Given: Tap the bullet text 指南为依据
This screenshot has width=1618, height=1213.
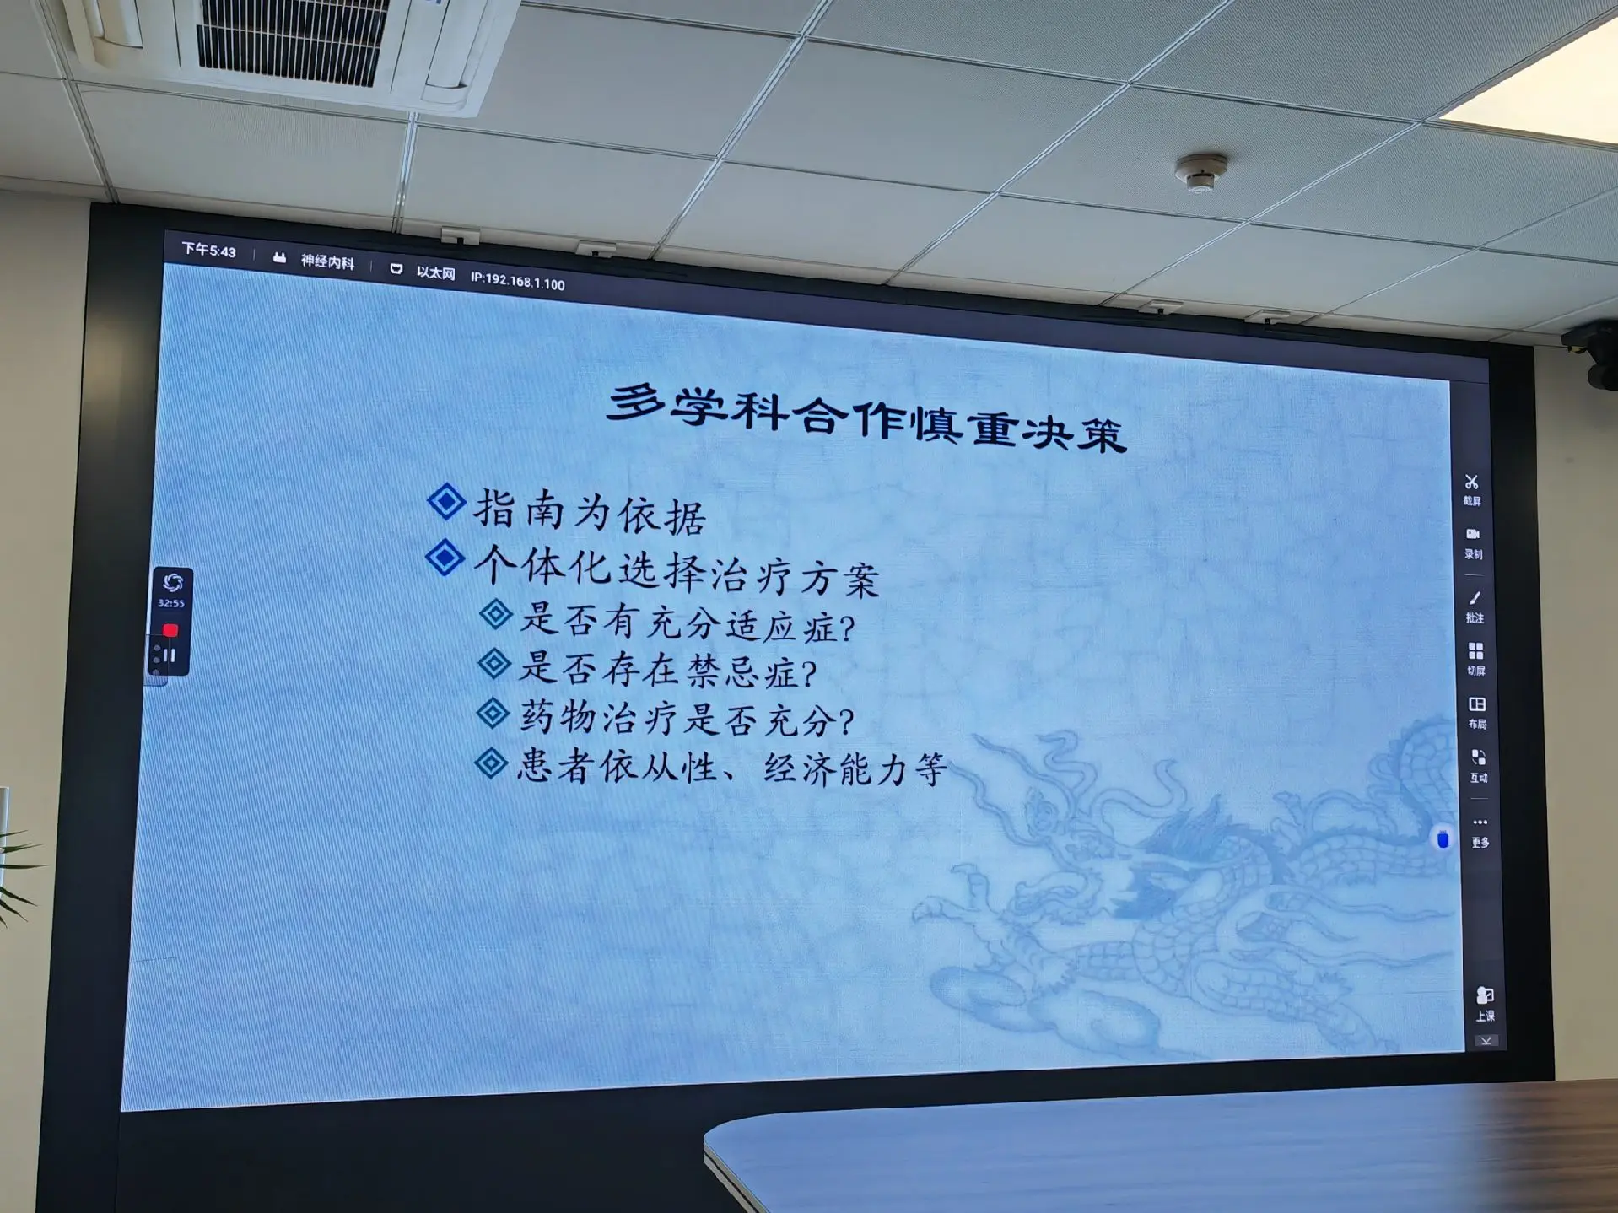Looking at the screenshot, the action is (589, 512).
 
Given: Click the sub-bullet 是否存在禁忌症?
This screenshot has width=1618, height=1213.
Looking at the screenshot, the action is (667, 670).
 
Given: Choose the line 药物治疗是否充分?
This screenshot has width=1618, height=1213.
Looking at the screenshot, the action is (687, 718).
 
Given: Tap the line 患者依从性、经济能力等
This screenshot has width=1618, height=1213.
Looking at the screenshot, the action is (732, 768).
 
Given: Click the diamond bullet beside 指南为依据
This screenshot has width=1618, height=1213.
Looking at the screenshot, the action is (446, 502).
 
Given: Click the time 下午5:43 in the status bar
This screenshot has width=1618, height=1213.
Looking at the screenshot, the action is (209, 251).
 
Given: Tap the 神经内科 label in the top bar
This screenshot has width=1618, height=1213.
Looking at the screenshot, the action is (327, 262).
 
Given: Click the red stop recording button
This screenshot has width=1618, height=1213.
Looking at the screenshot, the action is (170, 630).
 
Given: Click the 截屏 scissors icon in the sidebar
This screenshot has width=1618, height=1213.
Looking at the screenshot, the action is (1471, 482).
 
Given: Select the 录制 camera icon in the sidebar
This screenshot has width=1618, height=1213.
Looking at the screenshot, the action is (1473, 534).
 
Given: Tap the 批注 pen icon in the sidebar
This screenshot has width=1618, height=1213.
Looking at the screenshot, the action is (1475, 598).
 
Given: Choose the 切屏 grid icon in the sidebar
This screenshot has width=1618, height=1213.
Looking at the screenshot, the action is (1475, 651).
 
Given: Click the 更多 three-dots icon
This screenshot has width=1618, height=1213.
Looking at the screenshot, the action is (1480, 822).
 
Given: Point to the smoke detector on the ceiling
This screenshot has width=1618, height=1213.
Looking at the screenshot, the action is (1201, 172).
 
